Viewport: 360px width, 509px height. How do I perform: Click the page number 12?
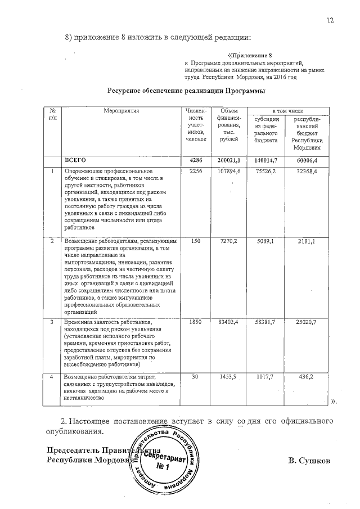pos(330,20)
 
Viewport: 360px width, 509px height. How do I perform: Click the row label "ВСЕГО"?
pos(75,160)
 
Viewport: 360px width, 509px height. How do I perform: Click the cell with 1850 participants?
pos(196,322)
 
